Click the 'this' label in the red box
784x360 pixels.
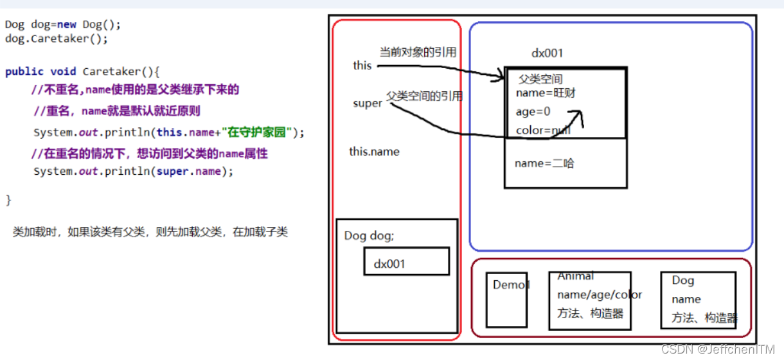click(x=362, y=66)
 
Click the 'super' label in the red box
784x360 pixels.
click(x=368, y=104)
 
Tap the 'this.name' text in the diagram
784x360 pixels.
click(x=374, y=152)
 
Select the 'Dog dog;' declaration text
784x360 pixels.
click(x=370, y=236)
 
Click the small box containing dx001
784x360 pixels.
click(x=406, y=262)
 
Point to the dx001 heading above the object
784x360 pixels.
click(x=548, y=53)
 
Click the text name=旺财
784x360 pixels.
click(x=546, y=93)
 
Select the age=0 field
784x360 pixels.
click(x=533, y=111)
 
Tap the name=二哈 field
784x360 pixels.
click(x=544, y=163)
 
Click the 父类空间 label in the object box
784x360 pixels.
click(x=540, y=79)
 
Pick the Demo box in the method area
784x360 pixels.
click(x=506, y=300)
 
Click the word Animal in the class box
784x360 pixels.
click(x=576, y=276)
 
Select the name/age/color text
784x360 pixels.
click(x=600, y=294)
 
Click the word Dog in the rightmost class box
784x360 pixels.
click(x=683, y=280)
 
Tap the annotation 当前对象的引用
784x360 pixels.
click(x=418, y=53)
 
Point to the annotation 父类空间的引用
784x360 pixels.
click(x=424, y=96)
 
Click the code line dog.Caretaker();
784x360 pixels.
click(x=57, y=39)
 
